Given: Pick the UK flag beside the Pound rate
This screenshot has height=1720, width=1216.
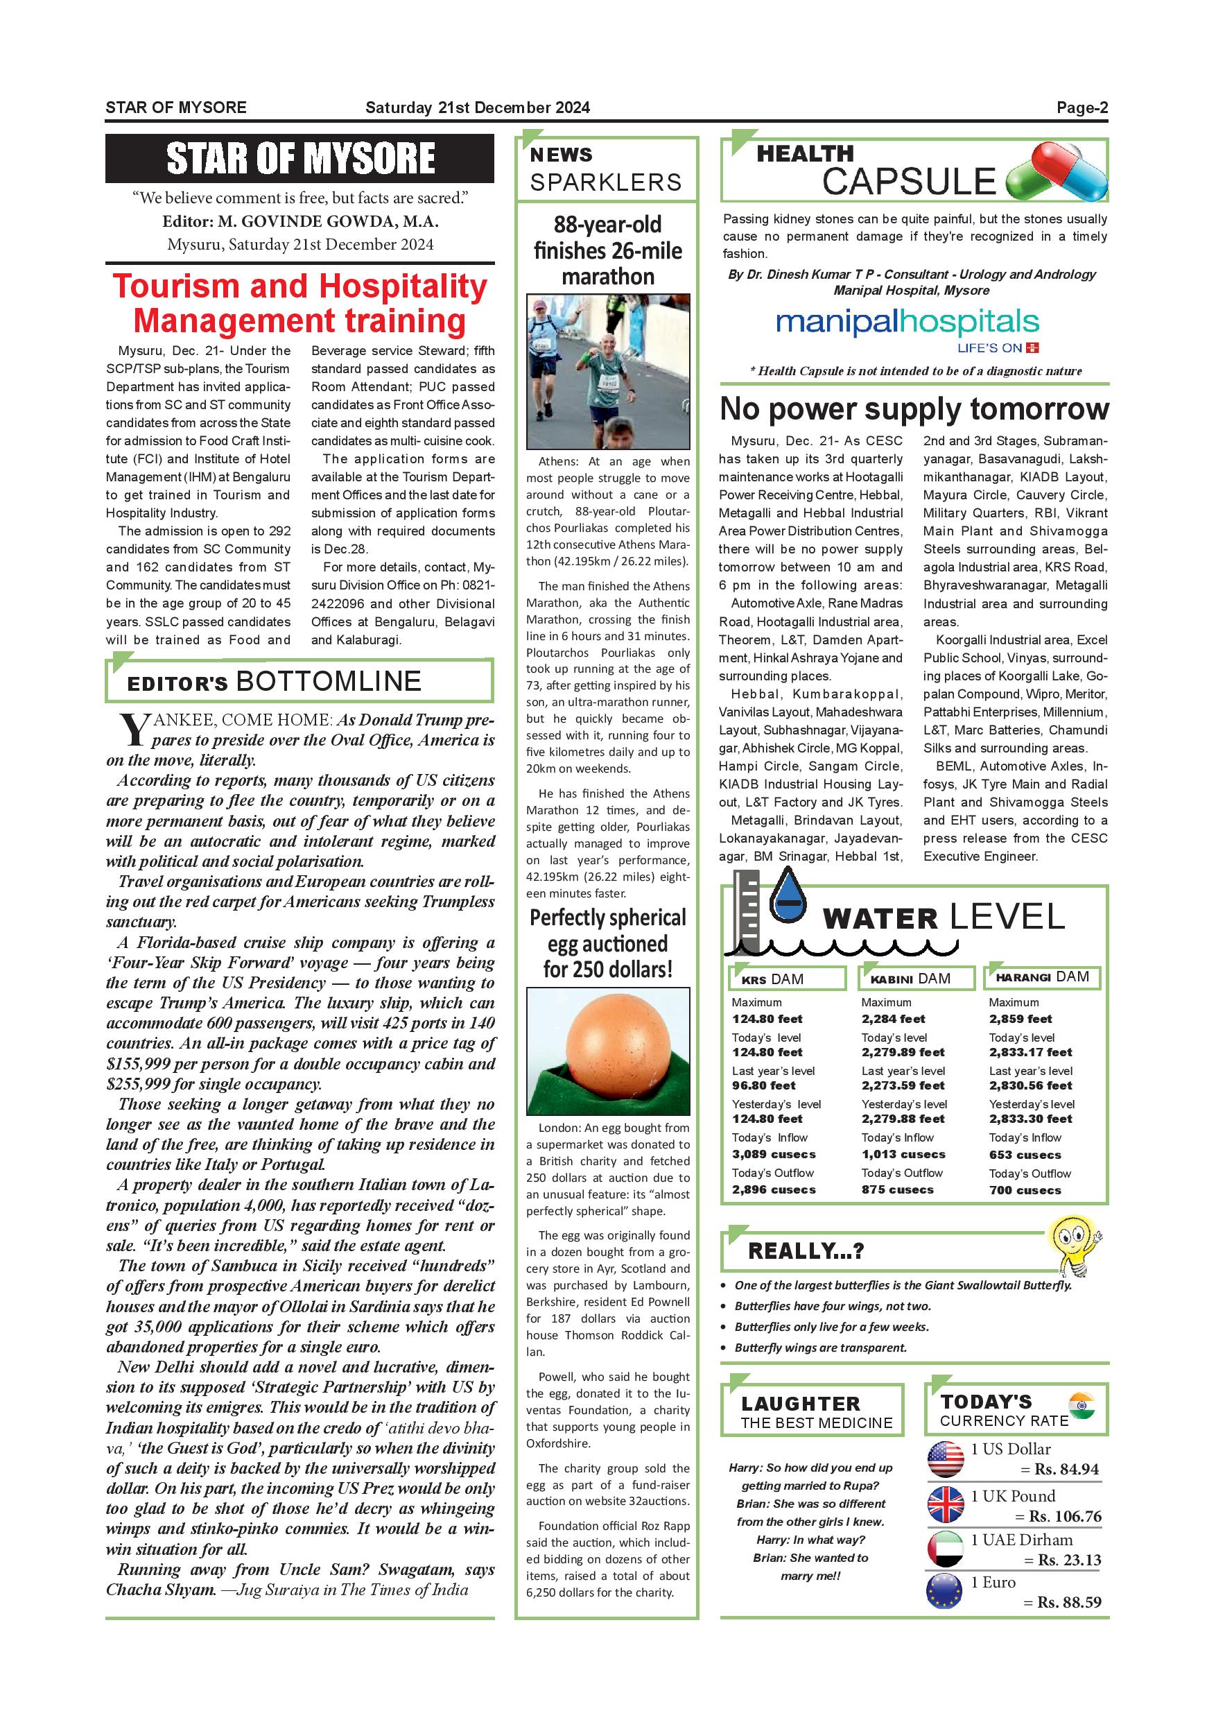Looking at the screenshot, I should [x=946, y=1504].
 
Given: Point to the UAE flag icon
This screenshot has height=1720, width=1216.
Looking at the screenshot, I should [x=946, y=1549].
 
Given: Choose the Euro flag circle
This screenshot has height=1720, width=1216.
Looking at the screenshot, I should [x=944, y=1592].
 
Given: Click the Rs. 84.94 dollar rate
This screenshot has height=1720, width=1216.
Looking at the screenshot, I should [x=1066, y=1470].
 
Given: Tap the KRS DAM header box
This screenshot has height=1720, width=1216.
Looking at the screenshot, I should [x=787, y=979].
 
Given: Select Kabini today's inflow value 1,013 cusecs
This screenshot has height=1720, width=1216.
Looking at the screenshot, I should [x=903, y=1154].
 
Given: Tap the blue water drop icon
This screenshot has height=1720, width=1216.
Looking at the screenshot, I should [x=787, y=898].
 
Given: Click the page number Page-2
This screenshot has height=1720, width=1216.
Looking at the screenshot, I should [x=1082, y=108].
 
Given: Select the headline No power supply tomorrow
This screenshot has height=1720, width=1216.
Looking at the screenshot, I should [x=914, y=409].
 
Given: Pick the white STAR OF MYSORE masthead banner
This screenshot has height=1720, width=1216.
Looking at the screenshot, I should [x=299, y=159].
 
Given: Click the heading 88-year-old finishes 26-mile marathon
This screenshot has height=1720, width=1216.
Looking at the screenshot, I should [x=607, y=250].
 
